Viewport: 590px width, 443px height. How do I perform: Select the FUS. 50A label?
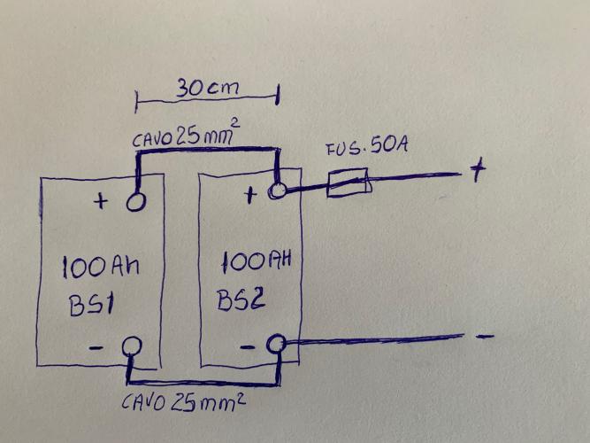(365, 147)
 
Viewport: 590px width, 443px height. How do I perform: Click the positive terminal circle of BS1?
(136, 202)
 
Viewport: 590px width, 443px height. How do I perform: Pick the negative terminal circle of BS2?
(276, 343)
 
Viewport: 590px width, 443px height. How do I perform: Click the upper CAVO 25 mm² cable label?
(187, 138)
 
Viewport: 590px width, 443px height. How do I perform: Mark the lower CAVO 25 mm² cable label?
(182, 403)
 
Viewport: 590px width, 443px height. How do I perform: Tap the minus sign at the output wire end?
(484, 337)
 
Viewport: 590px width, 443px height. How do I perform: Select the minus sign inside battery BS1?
(97, 348)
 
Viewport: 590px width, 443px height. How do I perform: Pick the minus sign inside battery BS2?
(249, 346)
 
